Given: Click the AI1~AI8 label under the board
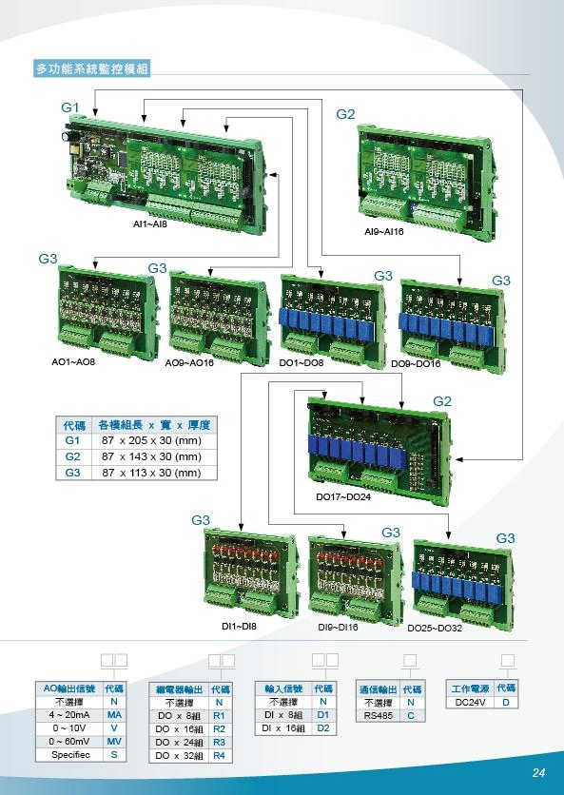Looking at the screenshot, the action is tap(149, 223).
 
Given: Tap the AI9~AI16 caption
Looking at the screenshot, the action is tap(384, 232).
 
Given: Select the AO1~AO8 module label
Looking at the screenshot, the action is tap(73, 363).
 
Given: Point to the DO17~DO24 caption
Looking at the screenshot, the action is tap(343, 496).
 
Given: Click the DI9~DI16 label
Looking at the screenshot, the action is tap(338, 628).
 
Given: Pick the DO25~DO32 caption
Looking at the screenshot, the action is tap(435, 629).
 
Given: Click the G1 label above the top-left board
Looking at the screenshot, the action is tap(70, 107).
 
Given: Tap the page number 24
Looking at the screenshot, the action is tap(538, 773).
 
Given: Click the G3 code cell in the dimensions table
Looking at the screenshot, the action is tap(72, 473).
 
